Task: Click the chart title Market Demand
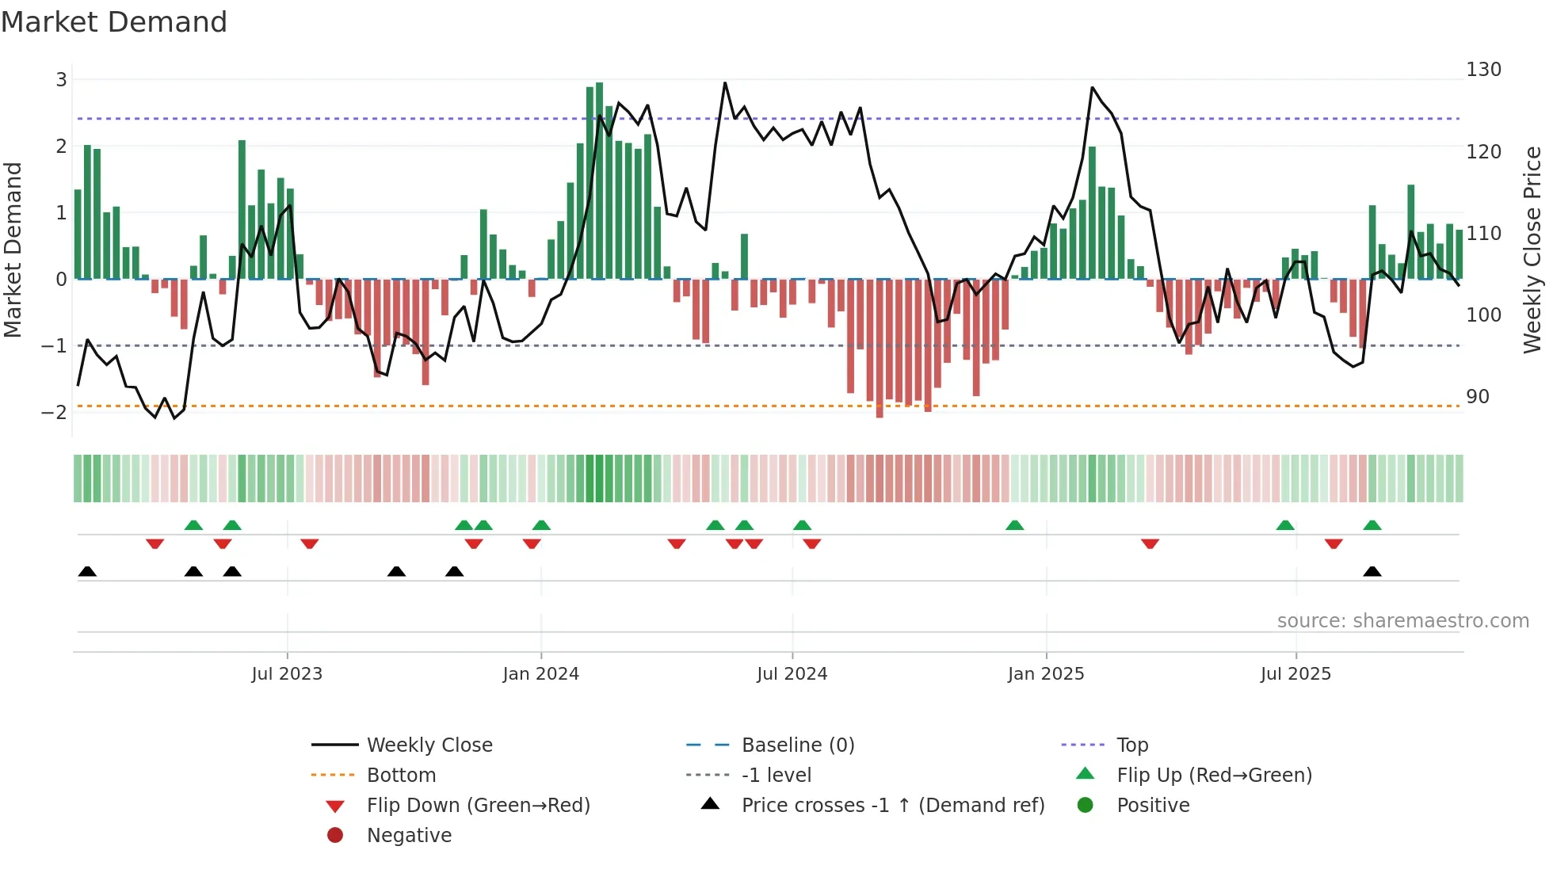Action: click(114, 22)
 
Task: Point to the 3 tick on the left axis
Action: click(61, 79)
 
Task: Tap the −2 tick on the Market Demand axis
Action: click(55, 412)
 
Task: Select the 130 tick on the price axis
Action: click(1483, 70)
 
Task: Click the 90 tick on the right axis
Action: click(1478, 397)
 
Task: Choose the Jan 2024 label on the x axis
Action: click(540, 674)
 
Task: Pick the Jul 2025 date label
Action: click(1295, 674)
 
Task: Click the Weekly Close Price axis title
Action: click(1532, 250)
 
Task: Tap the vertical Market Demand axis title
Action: click(13, 250)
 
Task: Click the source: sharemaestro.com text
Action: click(1402, 621)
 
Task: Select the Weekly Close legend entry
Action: click(429, 745)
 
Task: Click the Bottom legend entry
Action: click(401, 776)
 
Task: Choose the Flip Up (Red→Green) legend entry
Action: click(1214, 776)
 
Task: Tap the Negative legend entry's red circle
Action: click(335, 836)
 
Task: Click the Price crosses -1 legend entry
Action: click(892, 806)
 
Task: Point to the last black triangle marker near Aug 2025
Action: click(1372, 572)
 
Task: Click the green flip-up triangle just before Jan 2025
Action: click(1014, 525)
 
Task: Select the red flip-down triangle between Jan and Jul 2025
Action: click(1150, 543)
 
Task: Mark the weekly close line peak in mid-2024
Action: click(724, 82)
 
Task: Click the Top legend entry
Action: click(1131, 745)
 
